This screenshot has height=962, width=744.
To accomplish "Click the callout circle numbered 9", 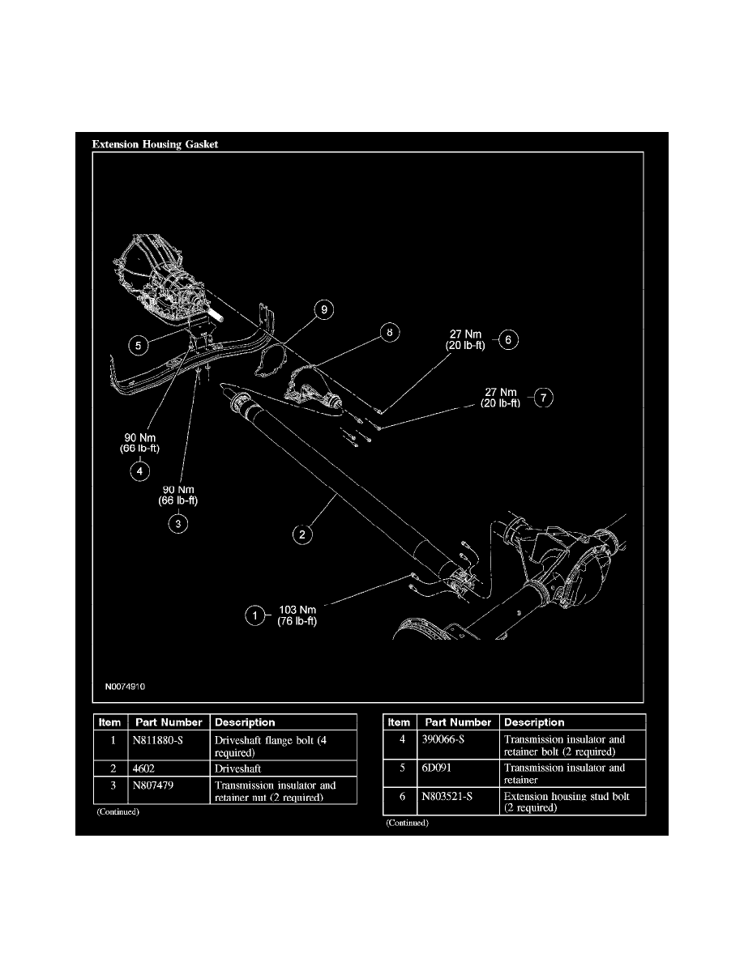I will [x=323, y=310].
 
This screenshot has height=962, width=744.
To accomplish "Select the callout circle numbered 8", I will [x=390, y=332].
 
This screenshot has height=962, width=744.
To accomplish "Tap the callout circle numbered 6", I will [x=507, y=340].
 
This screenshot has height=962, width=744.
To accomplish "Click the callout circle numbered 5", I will [x=139, y=344].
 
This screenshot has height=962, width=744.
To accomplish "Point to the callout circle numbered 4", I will [x=139, y=470].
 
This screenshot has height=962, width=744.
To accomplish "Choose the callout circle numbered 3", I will [x=177, y=524].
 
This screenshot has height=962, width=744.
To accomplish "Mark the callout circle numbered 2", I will [x=301, y=534].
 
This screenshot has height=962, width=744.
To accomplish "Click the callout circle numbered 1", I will [x=256, y=615].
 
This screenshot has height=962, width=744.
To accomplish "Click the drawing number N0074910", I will [x=125, y=684].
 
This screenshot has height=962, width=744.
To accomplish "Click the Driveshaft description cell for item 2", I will [x=238, y=768].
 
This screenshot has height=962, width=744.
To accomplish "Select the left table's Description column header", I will [x=245, y=722].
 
